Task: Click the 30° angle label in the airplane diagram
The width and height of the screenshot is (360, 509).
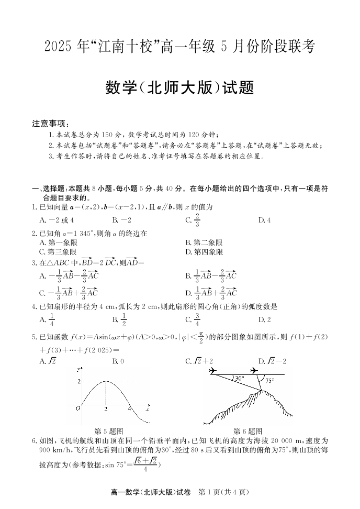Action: point(238,378)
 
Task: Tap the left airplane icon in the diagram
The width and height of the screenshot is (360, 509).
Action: point(212,371)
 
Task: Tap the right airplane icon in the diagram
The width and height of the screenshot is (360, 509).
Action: point(254,371)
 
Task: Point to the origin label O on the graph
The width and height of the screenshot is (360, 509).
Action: point(78,407)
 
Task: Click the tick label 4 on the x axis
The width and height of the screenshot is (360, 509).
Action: point(129,408)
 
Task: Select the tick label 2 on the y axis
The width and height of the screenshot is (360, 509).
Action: point(79,382)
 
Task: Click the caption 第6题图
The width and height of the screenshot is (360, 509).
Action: point(248,431)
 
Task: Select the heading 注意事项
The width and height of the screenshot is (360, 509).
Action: point(51,124)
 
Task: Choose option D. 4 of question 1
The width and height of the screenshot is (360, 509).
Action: point(264,220)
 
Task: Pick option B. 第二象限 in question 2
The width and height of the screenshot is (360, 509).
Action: point(204,242)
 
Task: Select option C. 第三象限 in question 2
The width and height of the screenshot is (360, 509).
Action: point(59,251)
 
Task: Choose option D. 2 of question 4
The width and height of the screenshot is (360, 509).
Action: point(264,319)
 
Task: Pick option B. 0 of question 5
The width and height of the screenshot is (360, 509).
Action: point(118,361)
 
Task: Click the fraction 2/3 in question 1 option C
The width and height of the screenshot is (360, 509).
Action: point(197,220)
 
